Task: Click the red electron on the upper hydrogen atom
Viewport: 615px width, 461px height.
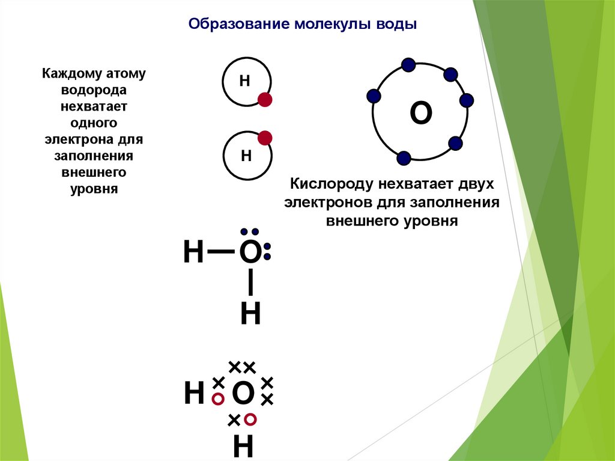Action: coord(265,100)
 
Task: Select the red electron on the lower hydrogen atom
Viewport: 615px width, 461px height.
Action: coord(264,138)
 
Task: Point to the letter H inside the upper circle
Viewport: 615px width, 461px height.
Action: coord(244,81)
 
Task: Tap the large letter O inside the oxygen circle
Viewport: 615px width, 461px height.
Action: coord(420,113)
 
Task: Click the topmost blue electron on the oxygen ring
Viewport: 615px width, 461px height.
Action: coord(408,64)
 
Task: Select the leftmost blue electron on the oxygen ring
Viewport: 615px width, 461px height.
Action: coord(374,95)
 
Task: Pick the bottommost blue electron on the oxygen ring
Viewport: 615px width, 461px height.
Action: coord(404,158)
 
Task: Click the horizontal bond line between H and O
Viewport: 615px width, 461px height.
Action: coord(221,252)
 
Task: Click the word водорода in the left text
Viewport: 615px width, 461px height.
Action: coord(93,91)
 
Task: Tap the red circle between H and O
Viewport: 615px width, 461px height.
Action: coord(219,398)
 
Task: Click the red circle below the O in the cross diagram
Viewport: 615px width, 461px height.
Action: coord(250,418)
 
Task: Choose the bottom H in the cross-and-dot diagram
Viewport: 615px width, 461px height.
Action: coord(243,447)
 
